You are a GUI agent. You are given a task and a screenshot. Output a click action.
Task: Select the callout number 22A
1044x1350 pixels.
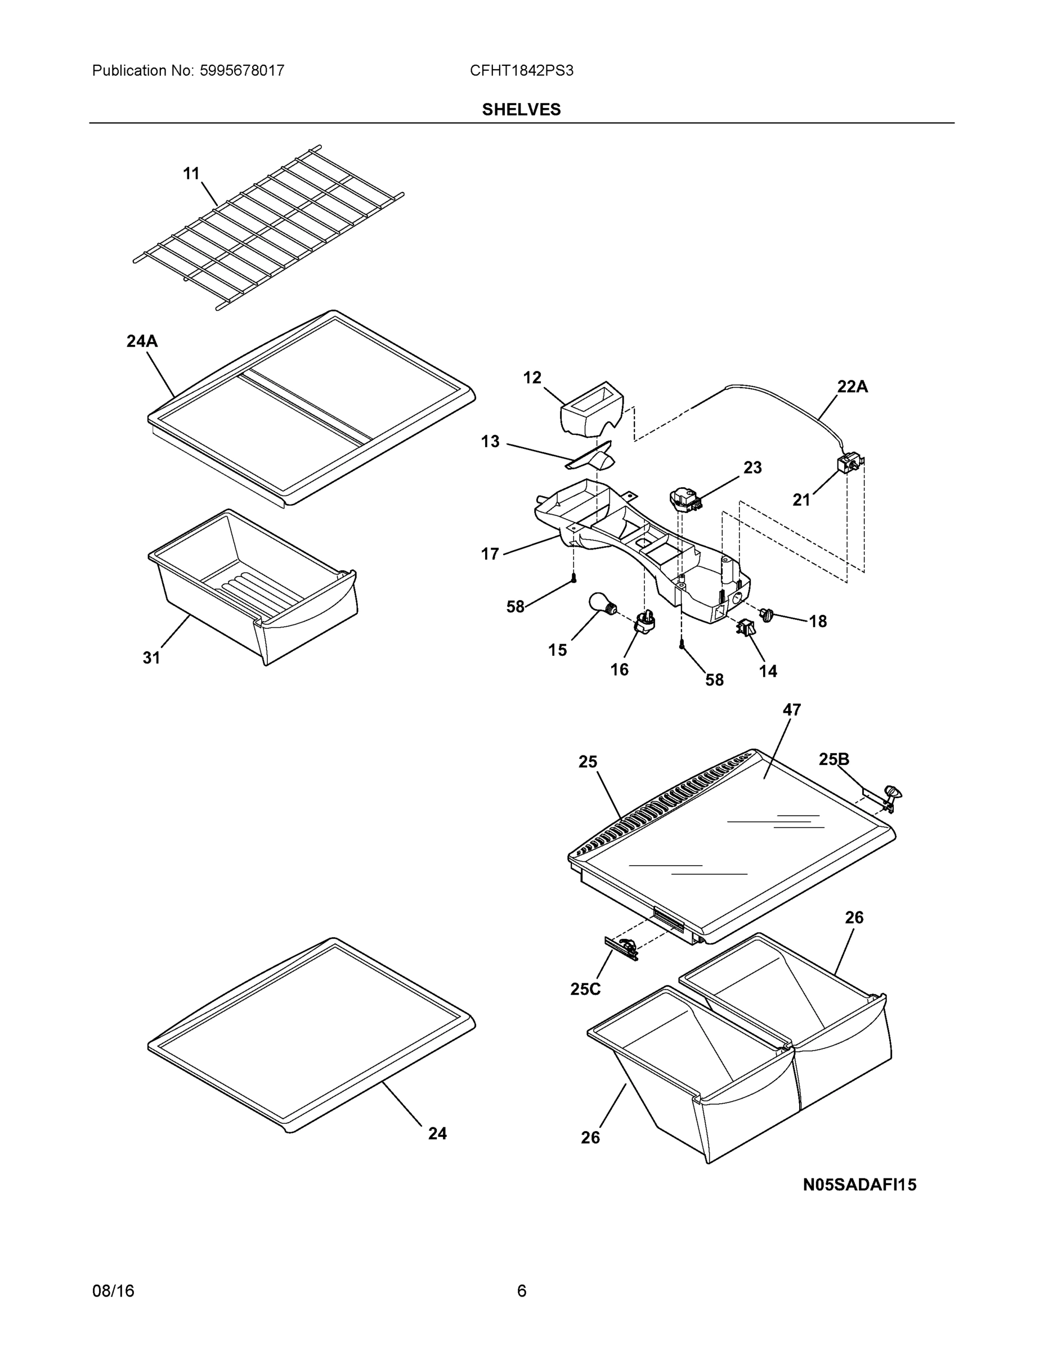click(x=852, y=387)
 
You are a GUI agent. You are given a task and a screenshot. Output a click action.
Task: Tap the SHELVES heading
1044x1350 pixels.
click(x=521, y=110)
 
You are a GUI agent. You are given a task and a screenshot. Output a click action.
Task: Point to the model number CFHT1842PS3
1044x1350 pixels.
click(x=521, y=70)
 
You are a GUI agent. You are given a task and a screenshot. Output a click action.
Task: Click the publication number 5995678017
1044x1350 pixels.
click(x=242, y=70)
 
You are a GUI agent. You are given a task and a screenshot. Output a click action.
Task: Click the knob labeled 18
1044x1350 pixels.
click(x=767, y=614)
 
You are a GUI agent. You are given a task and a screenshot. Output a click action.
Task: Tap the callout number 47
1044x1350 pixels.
click(x=792, y=710)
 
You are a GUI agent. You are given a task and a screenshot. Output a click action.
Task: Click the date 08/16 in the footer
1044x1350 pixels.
click(x=113, y=1291)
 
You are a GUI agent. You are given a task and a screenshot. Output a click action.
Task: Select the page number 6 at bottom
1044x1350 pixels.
click(x=521, y=1291)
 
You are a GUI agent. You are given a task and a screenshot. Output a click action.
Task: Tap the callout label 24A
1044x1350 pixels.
click(x=142, y=341)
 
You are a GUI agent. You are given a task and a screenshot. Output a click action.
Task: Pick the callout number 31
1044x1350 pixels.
click(x=151, y=658)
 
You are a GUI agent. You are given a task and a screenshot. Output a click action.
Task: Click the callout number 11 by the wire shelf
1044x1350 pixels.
click(x=191, y=174)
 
